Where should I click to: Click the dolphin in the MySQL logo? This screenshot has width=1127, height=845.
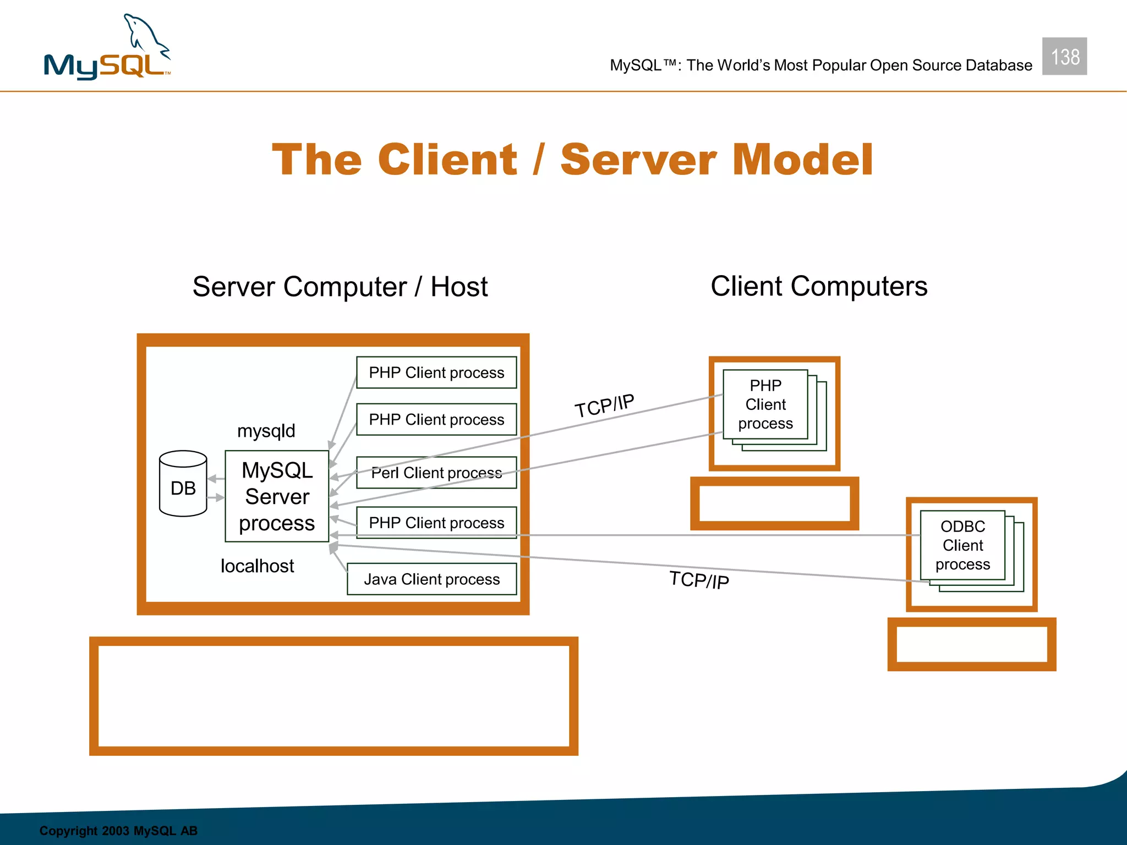(144, 36)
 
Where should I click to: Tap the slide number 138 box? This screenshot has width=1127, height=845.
(1064, 57)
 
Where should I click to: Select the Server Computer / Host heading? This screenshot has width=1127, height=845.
(340, 287)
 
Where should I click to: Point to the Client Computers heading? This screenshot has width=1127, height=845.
(818, 286)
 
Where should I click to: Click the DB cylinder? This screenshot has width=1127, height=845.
(183, 484)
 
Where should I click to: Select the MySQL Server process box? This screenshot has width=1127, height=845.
(277, 496)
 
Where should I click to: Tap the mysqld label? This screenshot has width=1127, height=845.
(266, 431)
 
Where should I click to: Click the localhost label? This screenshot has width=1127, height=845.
(257, 566)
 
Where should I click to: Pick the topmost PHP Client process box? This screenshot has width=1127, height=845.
(436, 372)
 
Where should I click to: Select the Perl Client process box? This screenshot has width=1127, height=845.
(436, 473)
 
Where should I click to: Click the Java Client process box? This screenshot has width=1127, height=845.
(431, 579)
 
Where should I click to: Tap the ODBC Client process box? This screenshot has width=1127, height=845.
(962, 545)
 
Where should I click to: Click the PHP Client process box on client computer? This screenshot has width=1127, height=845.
(765, 404)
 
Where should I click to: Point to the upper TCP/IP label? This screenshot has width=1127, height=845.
(604, 406)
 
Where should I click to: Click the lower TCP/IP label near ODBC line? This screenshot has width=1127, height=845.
(699, 580)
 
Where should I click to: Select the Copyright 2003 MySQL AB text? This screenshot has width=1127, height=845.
(118, 831)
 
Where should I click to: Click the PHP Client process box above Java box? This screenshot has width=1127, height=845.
(436, 523)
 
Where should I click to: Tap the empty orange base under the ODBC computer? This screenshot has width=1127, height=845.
(971, 644)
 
